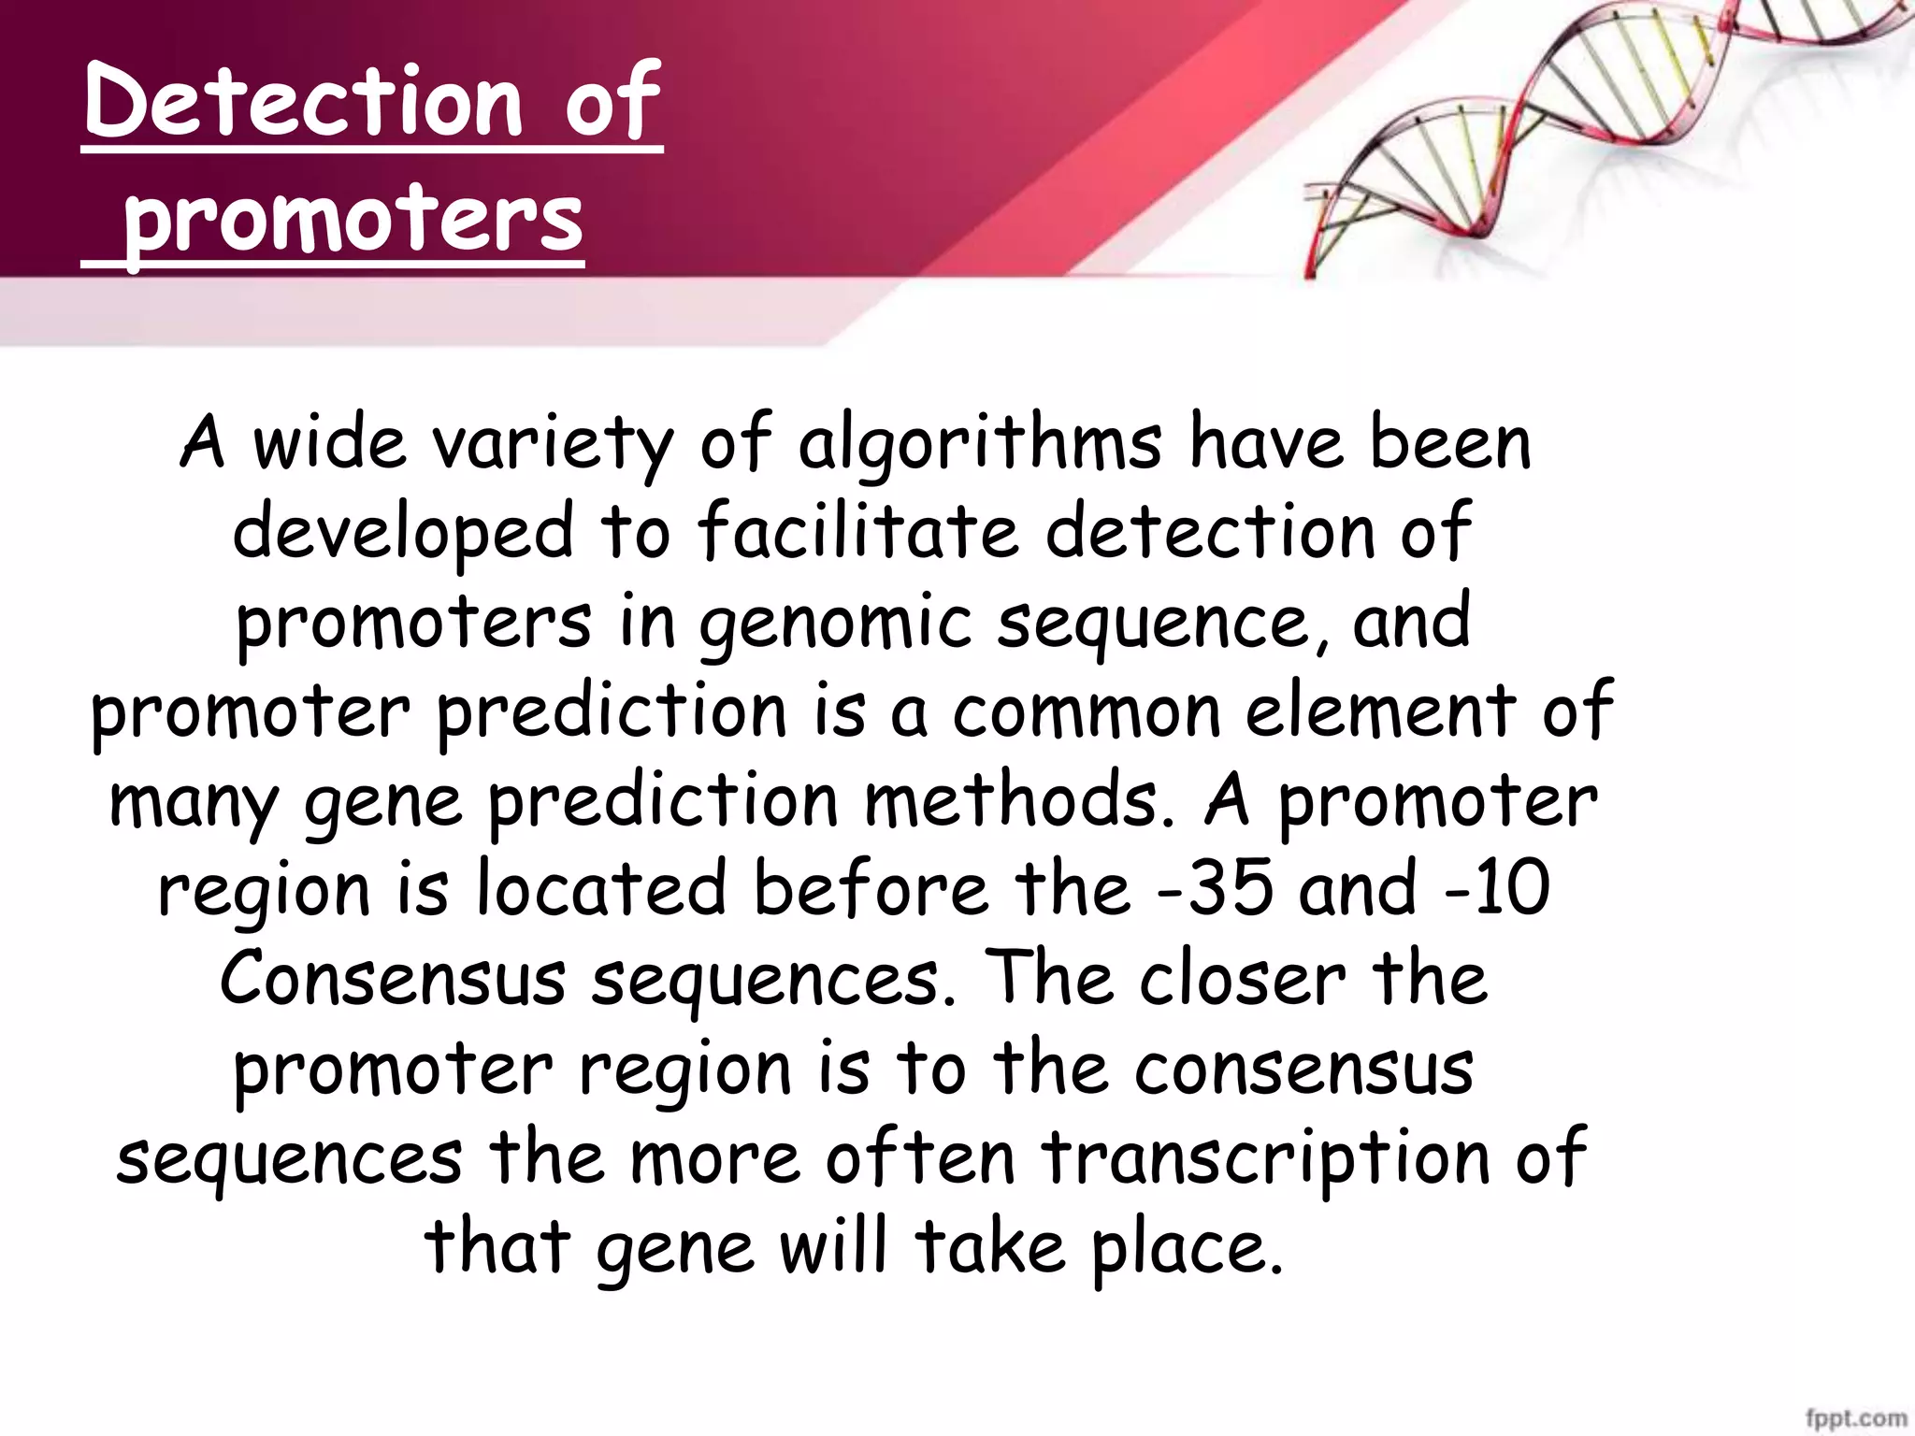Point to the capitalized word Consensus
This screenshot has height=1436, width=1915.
[393, 978]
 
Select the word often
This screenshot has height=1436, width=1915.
[920, 1157]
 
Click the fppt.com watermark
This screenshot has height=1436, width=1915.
[1855, 1419]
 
